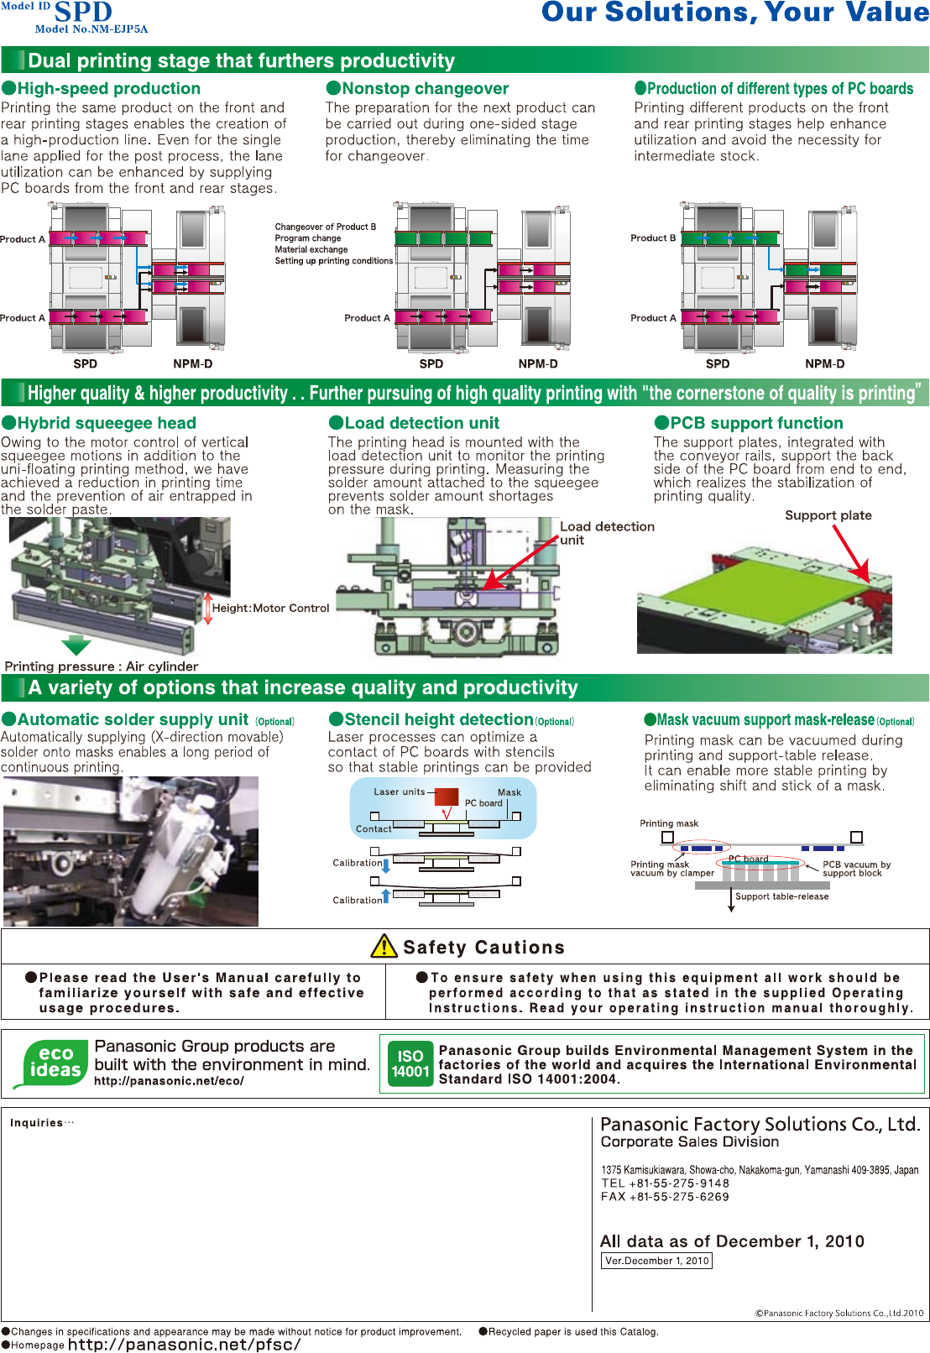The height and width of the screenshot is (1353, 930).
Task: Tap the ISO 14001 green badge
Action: pyautogui.click(x=410, y=1063)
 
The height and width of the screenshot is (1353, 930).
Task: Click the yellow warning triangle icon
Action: pyautogui.click(x=384, y=946)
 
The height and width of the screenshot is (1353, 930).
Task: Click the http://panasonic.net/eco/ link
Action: pyautogui.click(x=169, y=1081)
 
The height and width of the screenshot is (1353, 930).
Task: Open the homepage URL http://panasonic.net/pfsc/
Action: pyautogui.click(x=184, y=1344)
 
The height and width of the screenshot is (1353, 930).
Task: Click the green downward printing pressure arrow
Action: pyautogui.click(x=76, y=645)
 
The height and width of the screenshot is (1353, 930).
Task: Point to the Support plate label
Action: pyautogui.click(x=828, y=515)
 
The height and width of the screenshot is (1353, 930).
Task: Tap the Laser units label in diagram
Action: pyautogui.click(x=400, y=791)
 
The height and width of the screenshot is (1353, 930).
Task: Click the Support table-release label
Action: pyautogui.click(x=781, y=896)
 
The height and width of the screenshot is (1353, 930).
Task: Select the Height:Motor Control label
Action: pyautogui.click(x=270, y=609)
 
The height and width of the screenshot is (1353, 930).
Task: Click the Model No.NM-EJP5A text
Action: pyautogui.click(x=91, y=29)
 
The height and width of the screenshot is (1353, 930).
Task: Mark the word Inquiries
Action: pyautogui.click(x=36, y=1123)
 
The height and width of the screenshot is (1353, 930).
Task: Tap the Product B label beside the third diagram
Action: pyautogui.click(x=653, y=238)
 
